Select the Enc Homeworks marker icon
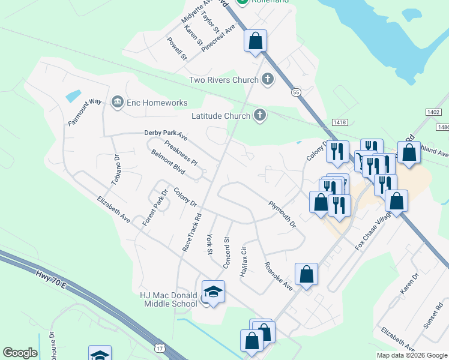(117, 103)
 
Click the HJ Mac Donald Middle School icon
(212, 292)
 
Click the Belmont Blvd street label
(167, 161)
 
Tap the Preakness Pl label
(181, 154)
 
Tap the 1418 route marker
(340, 122)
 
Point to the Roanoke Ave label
(279, 276)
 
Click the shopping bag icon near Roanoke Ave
(306, 275)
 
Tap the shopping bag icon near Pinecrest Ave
(255, 41)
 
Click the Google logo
(20, 352)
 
